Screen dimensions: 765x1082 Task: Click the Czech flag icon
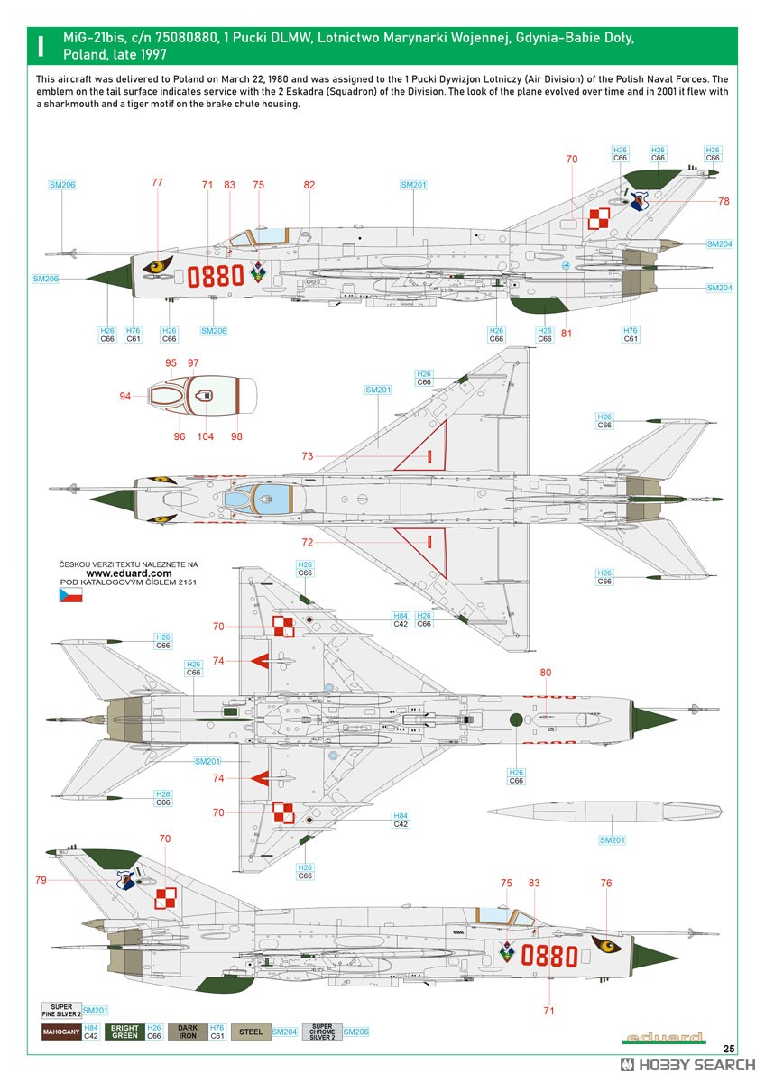coord(70,594)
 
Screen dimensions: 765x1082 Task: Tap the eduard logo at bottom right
coord(664,1037)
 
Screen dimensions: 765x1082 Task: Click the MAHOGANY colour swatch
coord(61,1032)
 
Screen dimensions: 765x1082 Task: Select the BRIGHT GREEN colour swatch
coord(124,1032)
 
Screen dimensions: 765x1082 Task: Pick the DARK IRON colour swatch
coord(188,1032)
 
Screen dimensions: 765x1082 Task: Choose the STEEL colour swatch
coord(251,1032)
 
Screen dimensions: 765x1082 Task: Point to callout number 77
coord(157,182)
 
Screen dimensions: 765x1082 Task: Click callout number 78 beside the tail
coord(724,201)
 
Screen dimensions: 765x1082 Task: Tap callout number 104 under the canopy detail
coord(205,436)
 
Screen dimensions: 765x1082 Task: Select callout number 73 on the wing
coord(308,455)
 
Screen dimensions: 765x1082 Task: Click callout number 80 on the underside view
coord(545,672)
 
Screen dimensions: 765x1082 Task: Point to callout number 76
coord(606,883)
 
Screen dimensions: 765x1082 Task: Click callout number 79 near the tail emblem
coord(41,880)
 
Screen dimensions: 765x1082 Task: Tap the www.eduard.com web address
coord(128,573)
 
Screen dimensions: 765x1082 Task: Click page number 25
coord(729,1049)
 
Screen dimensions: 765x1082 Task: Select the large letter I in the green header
coord(41,46)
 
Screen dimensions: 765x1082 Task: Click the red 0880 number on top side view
coord(216,276)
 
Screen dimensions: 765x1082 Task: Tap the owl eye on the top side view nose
coord(158,265)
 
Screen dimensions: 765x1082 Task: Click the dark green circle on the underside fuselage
coord(516,720)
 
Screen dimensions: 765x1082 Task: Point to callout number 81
coord(567,333)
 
